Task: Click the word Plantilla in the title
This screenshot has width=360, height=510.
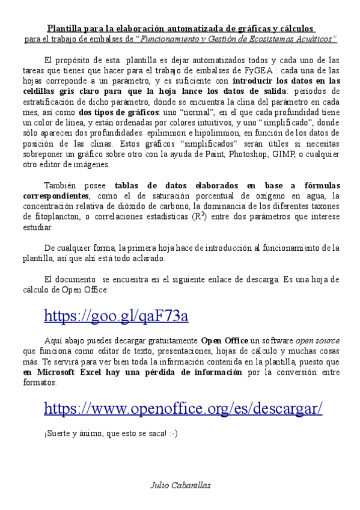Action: [x=65, y=28]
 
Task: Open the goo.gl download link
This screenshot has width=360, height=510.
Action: [x=116, y=316]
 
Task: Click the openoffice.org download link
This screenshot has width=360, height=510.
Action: [x=183, y=408]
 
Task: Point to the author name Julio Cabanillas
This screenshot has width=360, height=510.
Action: [x=180, y=485]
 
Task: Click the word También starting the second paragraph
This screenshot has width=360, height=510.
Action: [x=63, y=185]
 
